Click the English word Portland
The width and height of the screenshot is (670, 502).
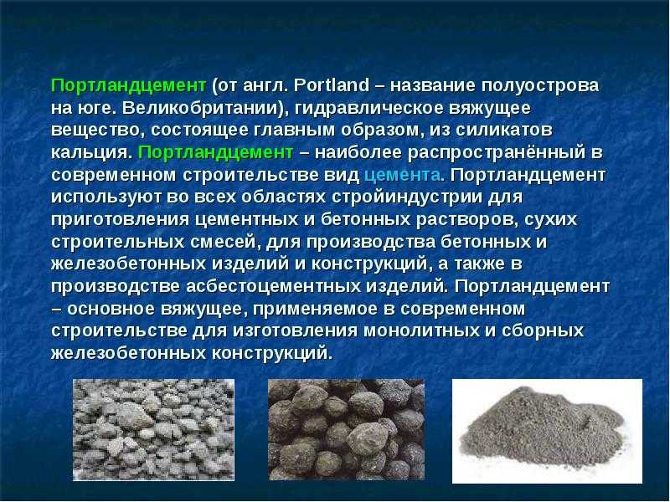[x=332, y=85]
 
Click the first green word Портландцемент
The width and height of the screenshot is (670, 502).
[x=129, y=86]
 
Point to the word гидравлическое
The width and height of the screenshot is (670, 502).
[x=368, y=109]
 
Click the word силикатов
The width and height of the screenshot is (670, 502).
[x=504, y=131]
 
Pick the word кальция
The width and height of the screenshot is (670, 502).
[x=90, y=153]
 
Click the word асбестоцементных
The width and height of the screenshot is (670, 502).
[x=274, y=286]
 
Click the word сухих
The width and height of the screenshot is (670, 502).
[x=550, y=219]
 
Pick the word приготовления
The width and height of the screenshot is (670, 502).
[x=120, y=219]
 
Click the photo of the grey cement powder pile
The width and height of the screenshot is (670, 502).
[x=547, y=431]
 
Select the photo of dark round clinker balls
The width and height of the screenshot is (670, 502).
[x=346, y=429]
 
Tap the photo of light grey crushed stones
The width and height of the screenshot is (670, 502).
[x=154, y=429]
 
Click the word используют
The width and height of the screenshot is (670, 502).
[x=106, y=197]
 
